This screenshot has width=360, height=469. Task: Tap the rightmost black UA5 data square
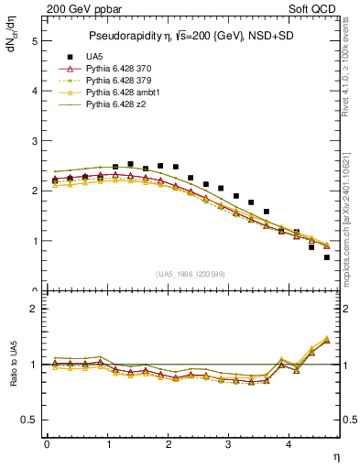pyautogui.click(x=327, y=257)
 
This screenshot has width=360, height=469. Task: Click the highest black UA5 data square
pyautogui.click(x=130, y=164)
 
